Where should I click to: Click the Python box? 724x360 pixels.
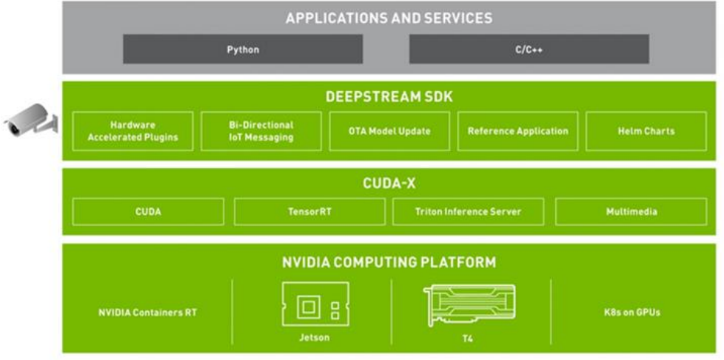pyautogui.click(x=243, y=50)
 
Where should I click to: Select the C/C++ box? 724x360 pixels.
pyautogui.click(x=529, y=50)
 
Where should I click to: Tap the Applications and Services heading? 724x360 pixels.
pyautogui.click(x=389, y=18)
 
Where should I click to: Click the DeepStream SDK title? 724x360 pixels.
pyautogui.click(x=389, y=98)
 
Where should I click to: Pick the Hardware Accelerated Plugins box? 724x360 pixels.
pyautogui.click(x=133, y=131)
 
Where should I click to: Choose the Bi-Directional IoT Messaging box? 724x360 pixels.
pyautogui.click(x=261, y=131)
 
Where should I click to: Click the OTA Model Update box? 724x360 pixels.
pyautogui.click(x=389, y=131)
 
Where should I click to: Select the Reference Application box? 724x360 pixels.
pyautogui.click(x=517, y=131)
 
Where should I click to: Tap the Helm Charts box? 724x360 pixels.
pyautogui.click(x=646, y=131)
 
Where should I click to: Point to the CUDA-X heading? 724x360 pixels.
pyautogui.click(x=389, y=184)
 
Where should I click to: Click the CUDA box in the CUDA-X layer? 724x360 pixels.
pyautogui.click(x=148, y=212)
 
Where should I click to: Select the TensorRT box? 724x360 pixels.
pyautogui.click(x=309, y=212)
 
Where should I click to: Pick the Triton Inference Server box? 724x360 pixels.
pyautogui.click(x=468, y=212)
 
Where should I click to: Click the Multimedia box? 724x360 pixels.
pyautogui.click(x=631, y=212)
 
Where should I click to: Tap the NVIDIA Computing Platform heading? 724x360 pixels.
pyautogui.click(x=389, y=262)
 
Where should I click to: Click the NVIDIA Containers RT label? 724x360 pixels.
pyautogui.click(x=148, y=313)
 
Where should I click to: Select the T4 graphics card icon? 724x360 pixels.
pyautogui.click(x=470, y=305)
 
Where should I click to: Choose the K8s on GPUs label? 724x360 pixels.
pyautogui.click(x=631, y=313)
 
